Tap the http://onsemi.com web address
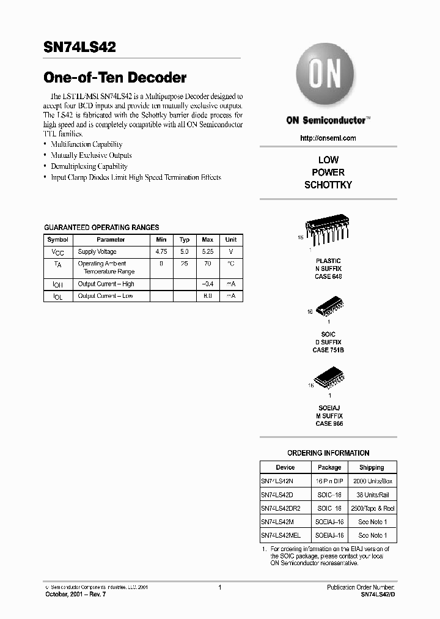click(328, 138)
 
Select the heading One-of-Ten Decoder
click(115, 78)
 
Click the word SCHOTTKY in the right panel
click(328, 185)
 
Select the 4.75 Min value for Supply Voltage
click(161, 252)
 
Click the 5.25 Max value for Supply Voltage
click(208, 252)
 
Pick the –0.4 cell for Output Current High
click(208, 284)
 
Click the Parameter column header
click(111, 240)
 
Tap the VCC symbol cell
click(57, 252)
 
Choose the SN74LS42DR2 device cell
click(281, 508)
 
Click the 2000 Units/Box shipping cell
click(372, 481)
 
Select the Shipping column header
click(372, 467)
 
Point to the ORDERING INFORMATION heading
click(328, 453)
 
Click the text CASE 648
click(328, 276)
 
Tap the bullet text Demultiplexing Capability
click(89, 166)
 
